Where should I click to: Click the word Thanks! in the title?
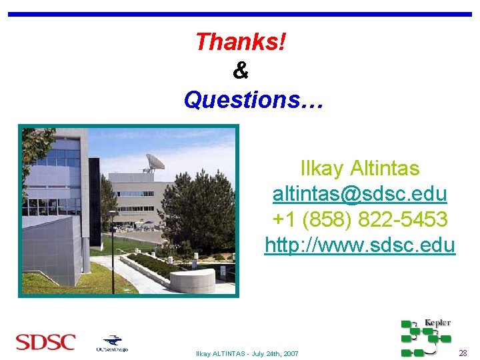(241, 43)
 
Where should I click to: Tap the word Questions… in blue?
(253, 100)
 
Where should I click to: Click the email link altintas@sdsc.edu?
(359, 194)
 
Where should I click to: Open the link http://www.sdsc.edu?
(359, 245)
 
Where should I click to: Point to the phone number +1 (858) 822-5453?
(359, 219)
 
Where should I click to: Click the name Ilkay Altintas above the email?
(359, 168)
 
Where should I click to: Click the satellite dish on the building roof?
(155, 161)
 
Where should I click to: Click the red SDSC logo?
(45, 343)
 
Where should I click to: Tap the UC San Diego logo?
(111, 343)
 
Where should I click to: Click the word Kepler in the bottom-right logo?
(437, 323)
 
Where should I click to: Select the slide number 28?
(463, 353)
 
